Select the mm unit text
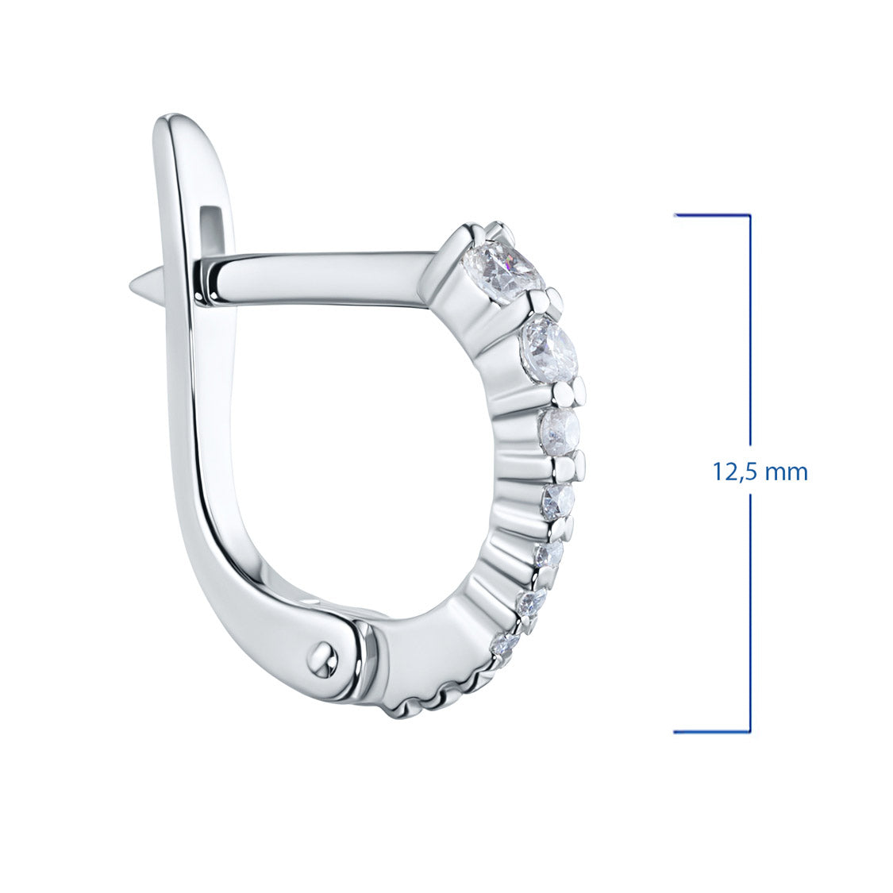click(787, 473)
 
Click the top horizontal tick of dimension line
click(712, 215)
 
